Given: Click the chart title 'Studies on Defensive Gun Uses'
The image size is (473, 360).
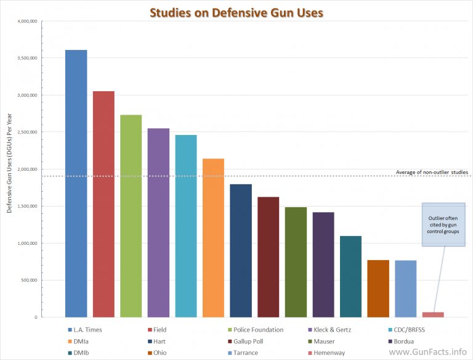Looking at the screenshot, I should pos(237,12).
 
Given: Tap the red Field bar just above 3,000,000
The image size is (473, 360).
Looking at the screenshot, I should pos(103,203).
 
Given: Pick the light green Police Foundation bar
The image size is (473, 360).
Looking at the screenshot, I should pos(131,216).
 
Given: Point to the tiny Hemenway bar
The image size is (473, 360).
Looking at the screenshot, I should pos(432,314).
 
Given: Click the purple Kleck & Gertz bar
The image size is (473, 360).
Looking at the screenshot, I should pos(158,222).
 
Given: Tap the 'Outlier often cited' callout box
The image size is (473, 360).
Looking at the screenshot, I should pos(443,225).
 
